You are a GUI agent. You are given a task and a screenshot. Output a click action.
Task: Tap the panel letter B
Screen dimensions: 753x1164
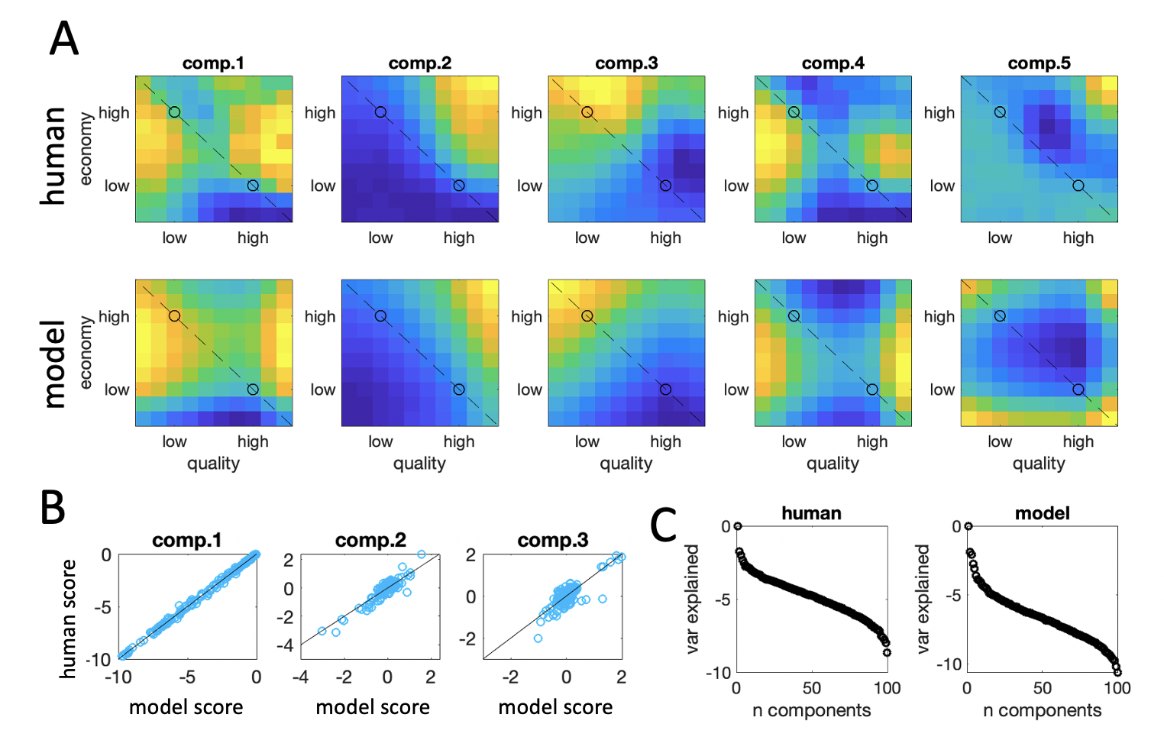53,507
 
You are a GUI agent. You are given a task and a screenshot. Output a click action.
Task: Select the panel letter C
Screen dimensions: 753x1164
664,525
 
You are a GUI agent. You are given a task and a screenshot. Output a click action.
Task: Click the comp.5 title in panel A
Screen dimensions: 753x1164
1039,63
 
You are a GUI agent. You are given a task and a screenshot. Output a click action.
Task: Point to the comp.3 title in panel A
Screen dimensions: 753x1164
626,63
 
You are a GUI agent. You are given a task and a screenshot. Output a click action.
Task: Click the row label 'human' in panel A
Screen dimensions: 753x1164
53,156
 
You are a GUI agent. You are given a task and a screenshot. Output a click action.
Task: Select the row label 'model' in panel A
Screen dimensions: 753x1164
53,364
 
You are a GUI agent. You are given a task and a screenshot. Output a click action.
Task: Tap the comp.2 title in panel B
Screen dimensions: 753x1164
370,541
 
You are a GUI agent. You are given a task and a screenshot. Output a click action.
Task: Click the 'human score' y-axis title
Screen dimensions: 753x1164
69,619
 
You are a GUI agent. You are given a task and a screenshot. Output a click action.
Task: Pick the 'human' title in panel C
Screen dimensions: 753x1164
811,513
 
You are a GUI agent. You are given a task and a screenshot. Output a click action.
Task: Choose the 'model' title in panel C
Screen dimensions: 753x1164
1042,513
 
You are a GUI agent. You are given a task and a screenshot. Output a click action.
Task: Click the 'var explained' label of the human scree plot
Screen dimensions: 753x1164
692,599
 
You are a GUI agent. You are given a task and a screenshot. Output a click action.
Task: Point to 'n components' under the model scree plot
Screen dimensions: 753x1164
1042,710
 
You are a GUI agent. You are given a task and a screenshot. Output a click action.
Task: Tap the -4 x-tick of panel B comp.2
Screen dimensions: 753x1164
300,677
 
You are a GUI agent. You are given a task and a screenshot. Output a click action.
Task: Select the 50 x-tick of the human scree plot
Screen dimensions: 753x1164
811,688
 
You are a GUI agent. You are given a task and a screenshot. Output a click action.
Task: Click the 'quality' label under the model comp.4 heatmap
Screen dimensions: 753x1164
833,464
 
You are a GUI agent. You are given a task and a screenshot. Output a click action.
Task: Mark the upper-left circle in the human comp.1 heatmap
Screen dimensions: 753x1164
174,112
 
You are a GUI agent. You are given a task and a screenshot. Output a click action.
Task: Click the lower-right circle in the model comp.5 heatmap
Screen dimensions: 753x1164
1078,389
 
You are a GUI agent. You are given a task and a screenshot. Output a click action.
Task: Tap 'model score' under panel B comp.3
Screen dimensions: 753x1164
555,707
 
